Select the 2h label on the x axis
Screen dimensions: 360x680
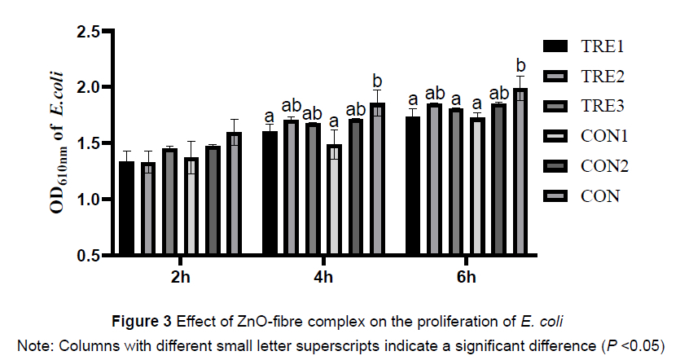pos(181,278)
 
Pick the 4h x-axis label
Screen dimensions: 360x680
pos(323,278)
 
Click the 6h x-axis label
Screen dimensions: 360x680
pos(466,278)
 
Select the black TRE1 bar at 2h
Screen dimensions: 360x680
pos(126,208)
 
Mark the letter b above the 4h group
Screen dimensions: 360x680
pos(377,81)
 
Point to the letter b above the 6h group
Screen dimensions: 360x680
pos(520,66)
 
